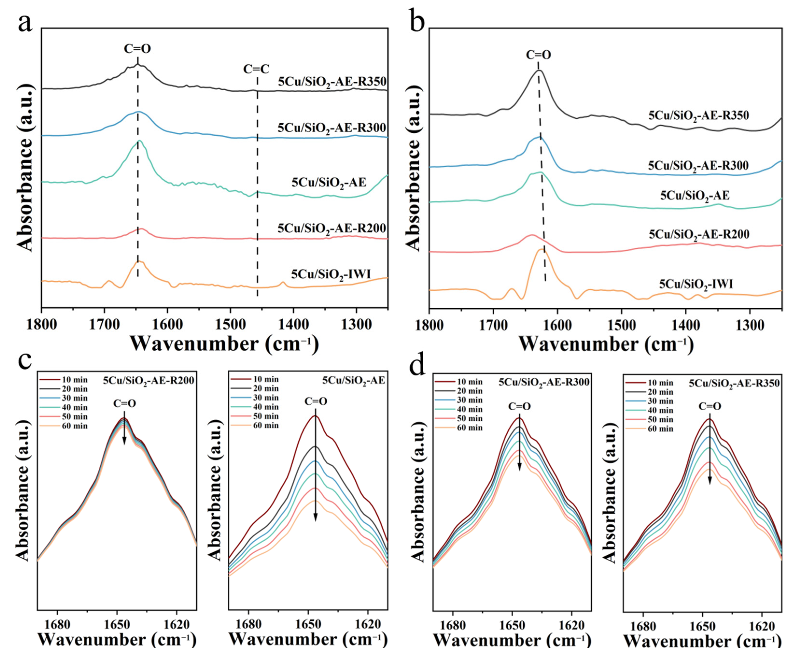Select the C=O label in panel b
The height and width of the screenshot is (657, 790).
538,55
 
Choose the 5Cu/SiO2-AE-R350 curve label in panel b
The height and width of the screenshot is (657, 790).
699,115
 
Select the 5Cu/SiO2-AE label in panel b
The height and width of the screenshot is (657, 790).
695,195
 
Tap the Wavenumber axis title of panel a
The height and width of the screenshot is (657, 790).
224,343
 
